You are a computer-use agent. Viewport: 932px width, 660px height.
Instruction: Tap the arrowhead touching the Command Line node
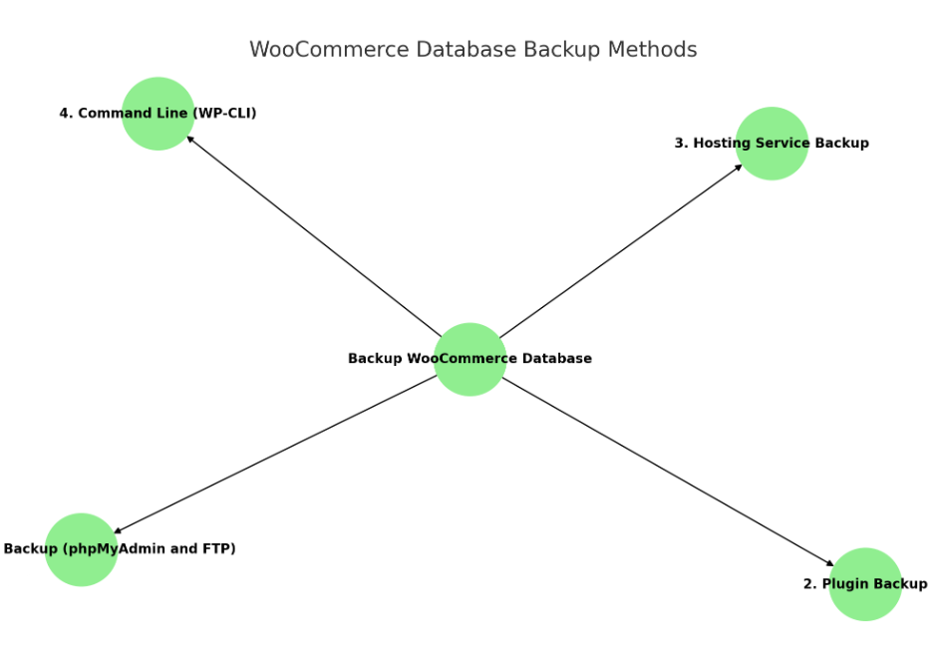190,139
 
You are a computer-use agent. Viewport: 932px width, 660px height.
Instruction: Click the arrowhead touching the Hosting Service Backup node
738,166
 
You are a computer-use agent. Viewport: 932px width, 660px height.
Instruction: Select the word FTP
220,548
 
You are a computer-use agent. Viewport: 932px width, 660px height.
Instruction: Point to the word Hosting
720,144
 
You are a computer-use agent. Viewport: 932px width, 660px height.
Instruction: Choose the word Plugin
842,584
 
